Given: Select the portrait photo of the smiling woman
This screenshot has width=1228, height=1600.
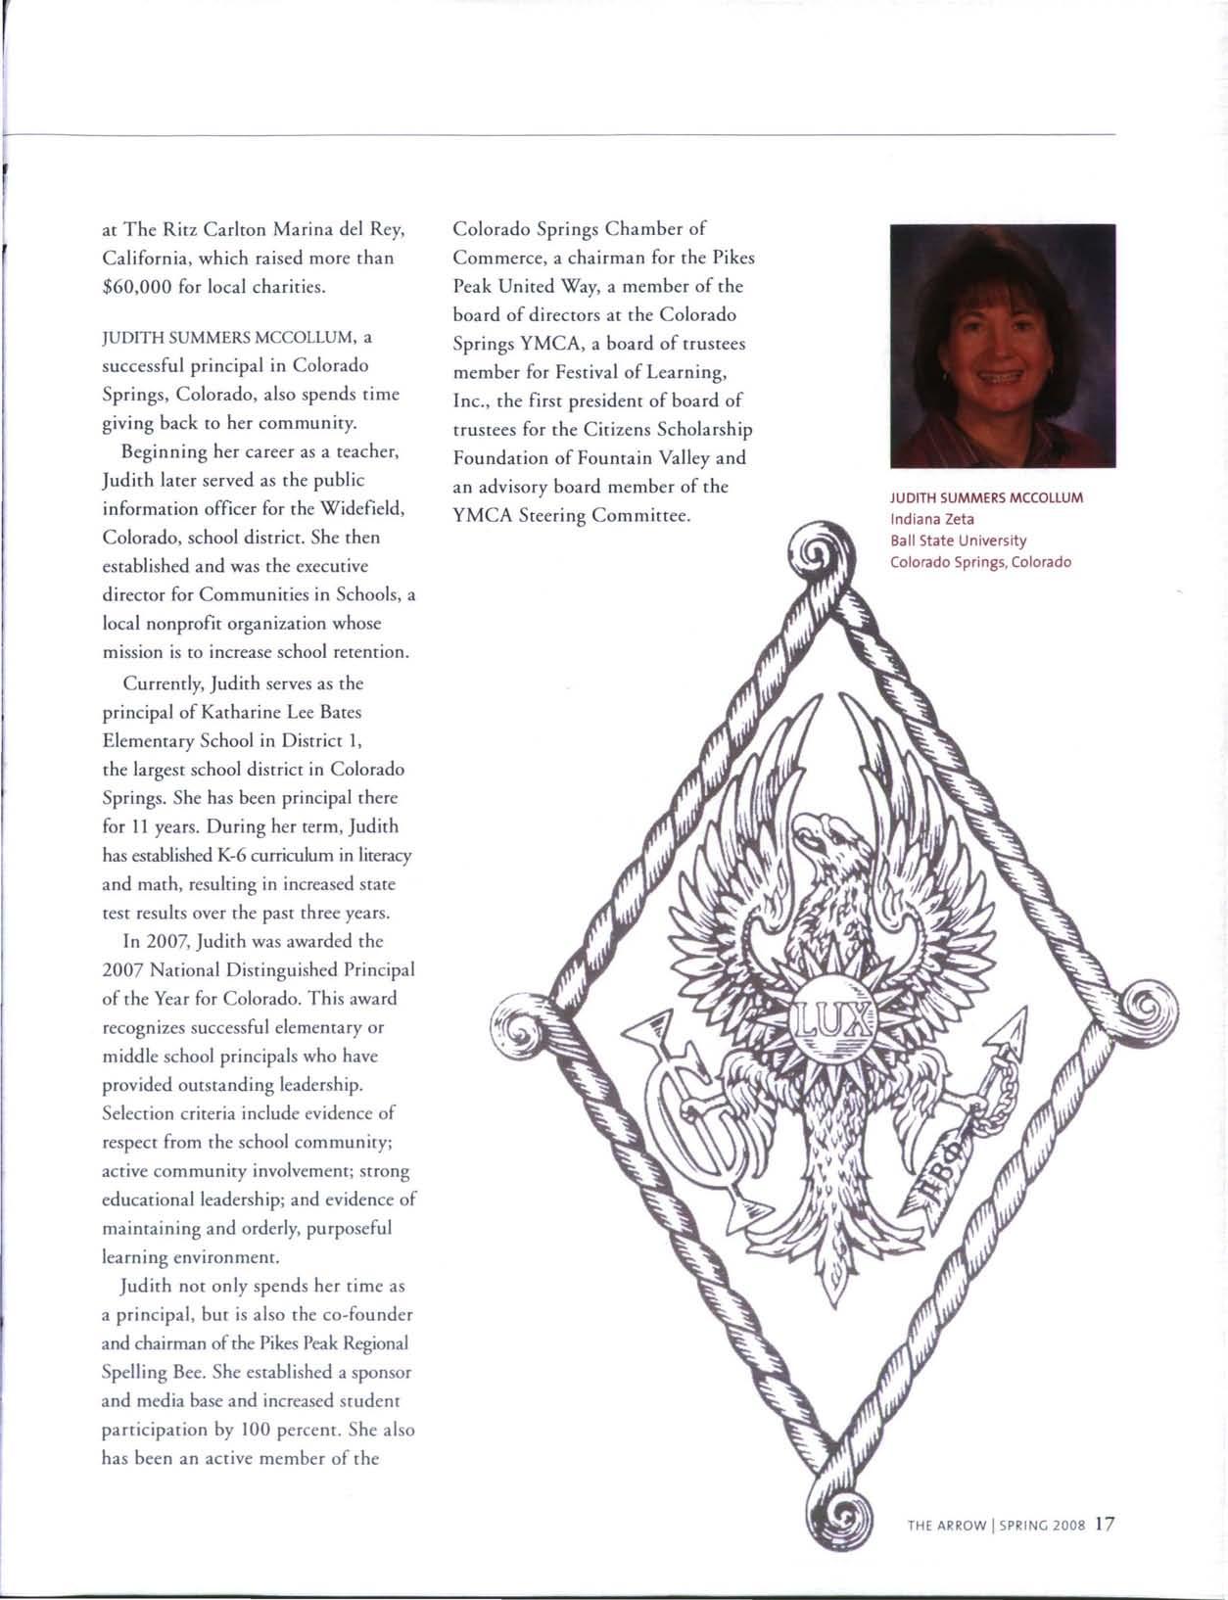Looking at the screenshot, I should point(1003,346).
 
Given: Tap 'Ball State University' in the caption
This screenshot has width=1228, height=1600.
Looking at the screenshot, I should point(958,541).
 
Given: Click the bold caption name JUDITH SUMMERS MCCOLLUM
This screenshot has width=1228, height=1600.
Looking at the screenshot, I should point(986,497).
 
